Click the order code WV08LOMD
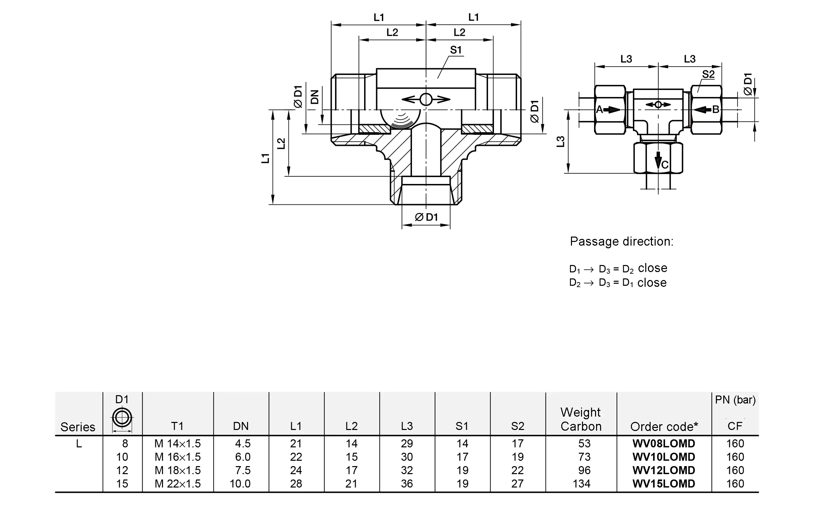[664, 443]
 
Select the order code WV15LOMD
[664, 484]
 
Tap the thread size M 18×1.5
[177, 470]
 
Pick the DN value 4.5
[243, 443]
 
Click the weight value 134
[581, 484]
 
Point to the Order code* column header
[664, 427]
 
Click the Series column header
[78, 427]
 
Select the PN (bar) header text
[735, 400]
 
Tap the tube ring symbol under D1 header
[122, 418]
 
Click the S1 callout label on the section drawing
[456, 50]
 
